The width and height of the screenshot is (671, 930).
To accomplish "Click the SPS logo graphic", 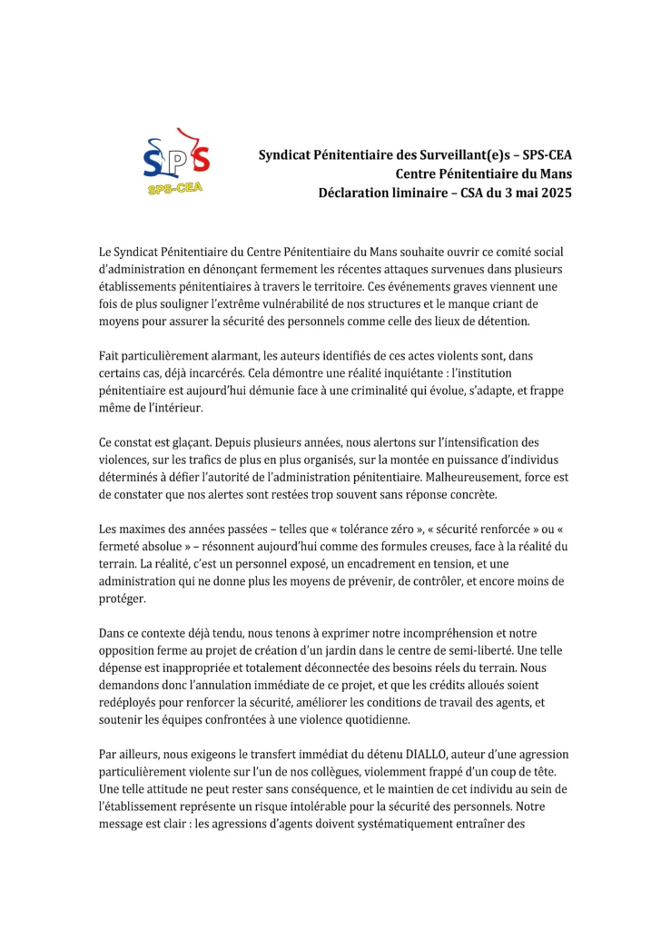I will (x=177, y=156).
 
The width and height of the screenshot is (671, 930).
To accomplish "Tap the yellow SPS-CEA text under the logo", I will (x=175, y=189).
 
